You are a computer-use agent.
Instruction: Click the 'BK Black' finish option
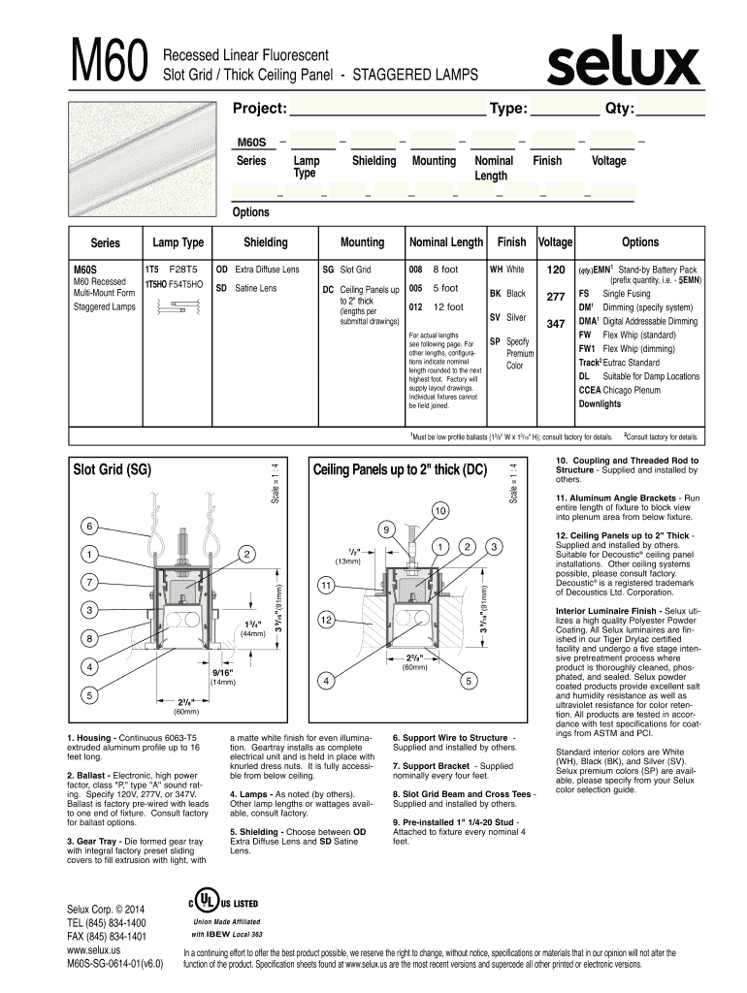click(508, 293)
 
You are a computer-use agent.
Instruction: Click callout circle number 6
click(89, 526)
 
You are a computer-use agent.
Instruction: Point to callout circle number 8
click(88, 639)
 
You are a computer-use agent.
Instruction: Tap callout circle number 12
click(327, 619)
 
